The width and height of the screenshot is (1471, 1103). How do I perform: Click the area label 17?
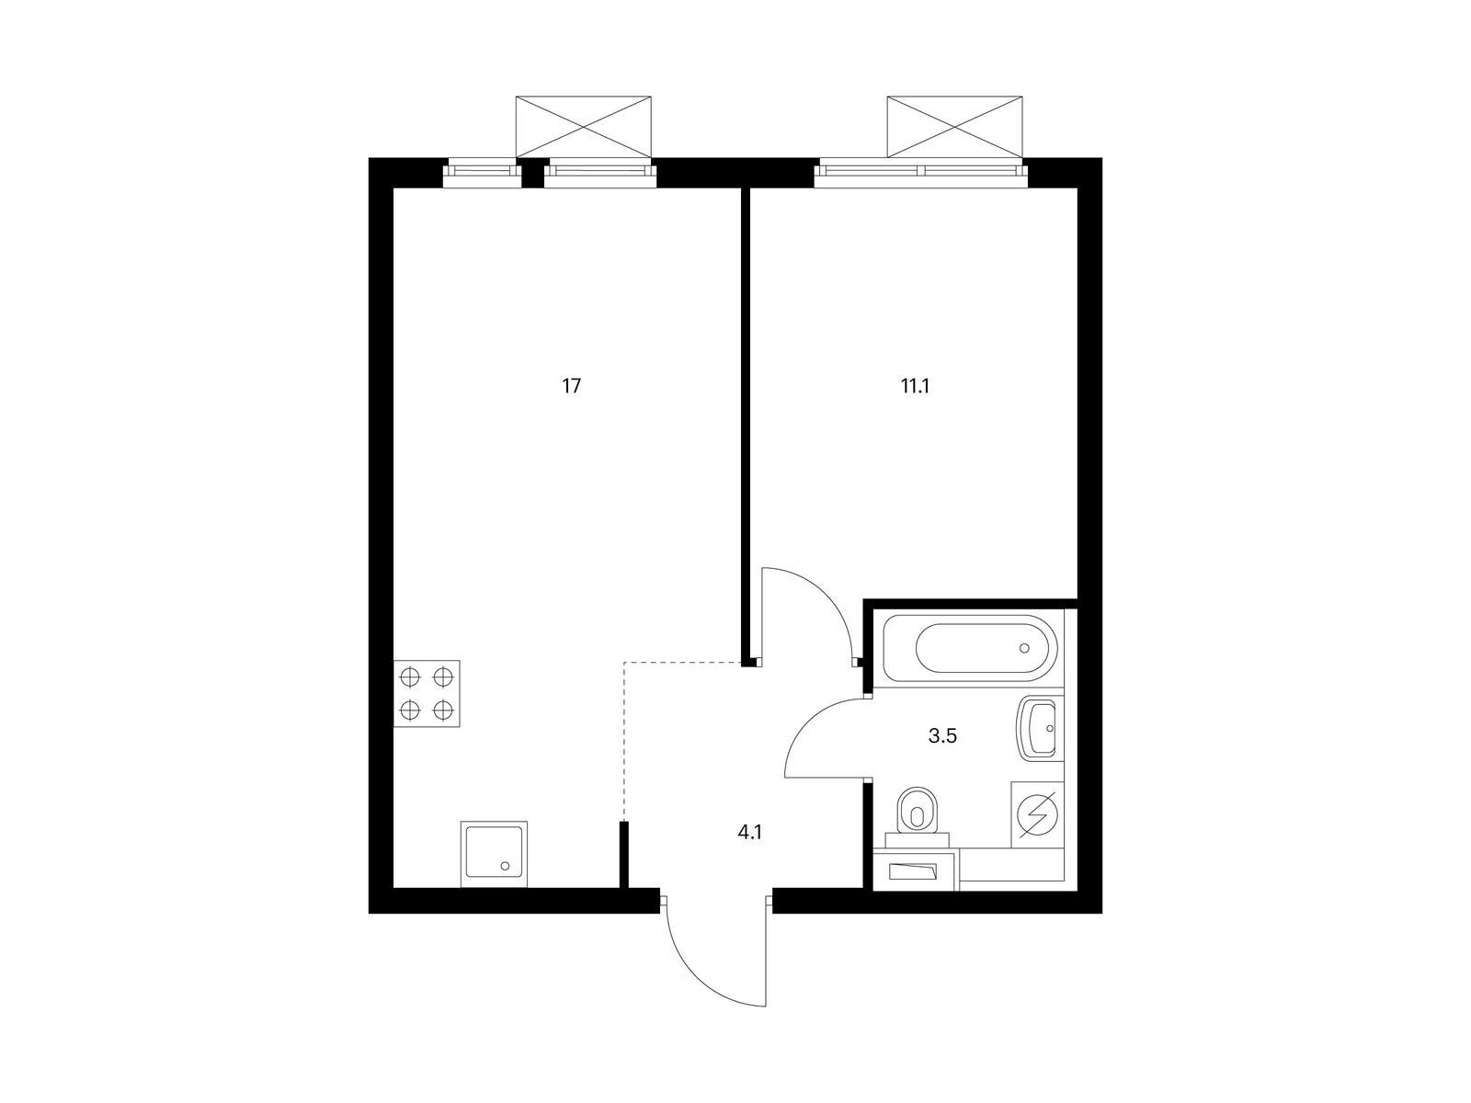tap(572, 386)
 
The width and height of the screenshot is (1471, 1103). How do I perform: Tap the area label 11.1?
tap(915, 386)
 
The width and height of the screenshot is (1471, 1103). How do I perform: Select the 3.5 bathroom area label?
tap(941, 736)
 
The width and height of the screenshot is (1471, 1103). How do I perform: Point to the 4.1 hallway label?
tap(750, 833)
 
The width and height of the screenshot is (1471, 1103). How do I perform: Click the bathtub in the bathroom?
tap(970, 648)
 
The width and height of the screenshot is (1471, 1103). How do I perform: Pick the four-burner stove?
tap(427, 694)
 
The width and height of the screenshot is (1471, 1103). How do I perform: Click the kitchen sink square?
tap(494, 855)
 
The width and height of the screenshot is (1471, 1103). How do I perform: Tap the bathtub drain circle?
tap(1024, 648)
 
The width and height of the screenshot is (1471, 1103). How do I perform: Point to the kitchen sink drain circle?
tap(505, 867)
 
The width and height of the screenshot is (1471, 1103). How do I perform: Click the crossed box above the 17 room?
tap(583, 127)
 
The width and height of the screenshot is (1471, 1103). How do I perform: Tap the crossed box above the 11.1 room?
tap(955, 127)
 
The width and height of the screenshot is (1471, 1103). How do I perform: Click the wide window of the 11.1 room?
tap(921, 171)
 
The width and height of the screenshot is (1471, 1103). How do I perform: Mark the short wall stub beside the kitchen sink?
tap(624, 855)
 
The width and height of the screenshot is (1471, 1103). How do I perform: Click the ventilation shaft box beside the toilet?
tap(916, 870)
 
